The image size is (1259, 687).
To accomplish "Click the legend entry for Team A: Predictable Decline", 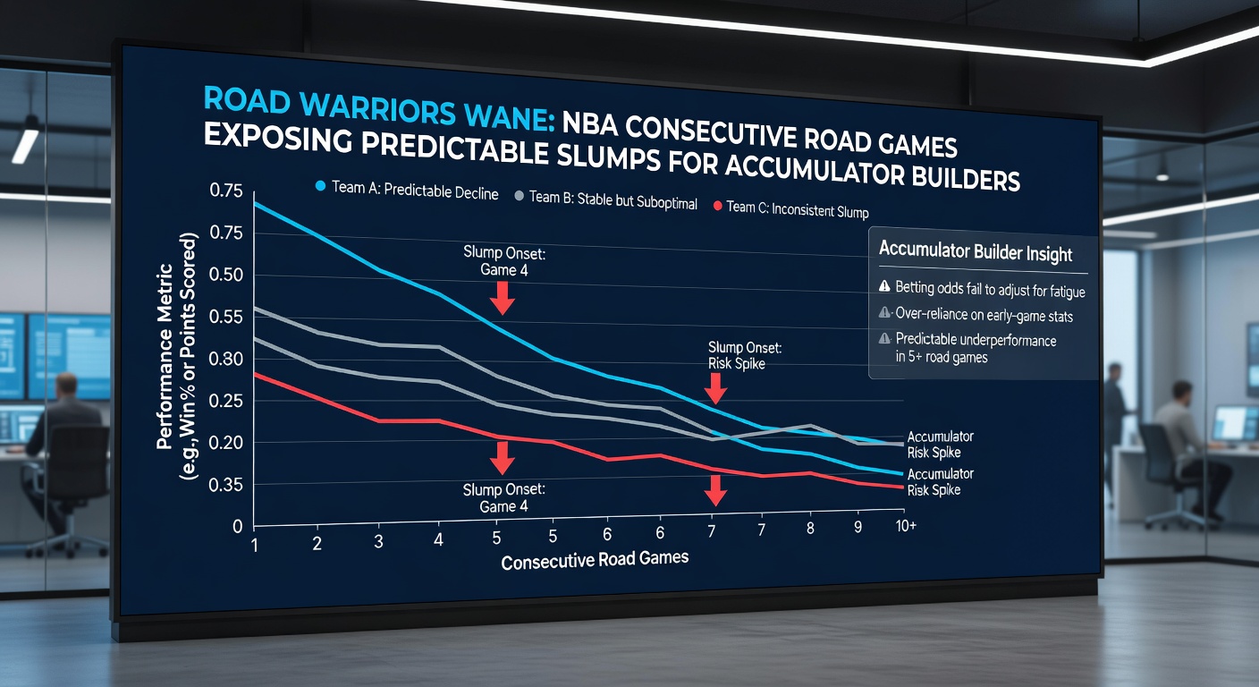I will tap(407, 192).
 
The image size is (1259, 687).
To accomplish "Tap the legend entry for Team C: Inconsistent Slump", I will tap(790, 208).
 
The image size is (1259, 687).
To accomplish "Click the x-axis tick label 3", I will tap(377, 542).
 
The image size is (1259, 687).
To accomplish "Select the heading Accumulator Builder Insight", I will tap(976, 251).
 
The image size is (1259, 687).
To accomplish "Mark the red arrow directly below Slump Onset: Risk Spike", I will tap(714, 388).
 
